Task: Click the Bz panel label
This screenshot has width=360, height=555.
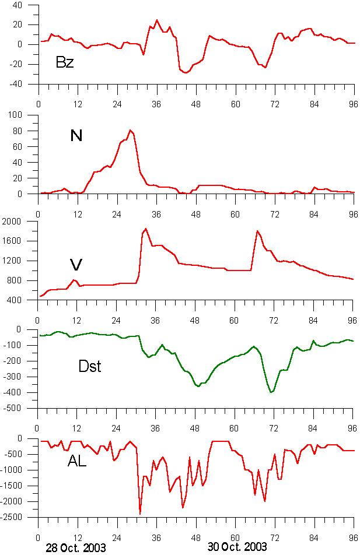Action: click(64, 62)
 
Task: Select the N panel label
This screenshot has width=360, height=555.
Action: click(76, 136)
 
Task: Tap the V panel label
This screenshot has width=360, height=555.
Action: click(76, 265)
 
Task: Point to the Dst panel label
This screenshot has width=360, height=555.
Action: click(90, 367)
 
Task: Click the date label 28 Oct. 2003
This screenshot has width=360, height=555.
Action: click(76, 548)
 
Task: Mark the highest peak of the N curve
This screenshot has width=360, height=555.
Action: click(130, 130)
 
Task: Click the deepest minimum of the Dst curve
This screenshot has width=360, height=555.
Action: click(271, 392)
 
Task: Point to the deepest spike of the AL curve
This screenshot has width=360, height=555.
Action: click(140, 514)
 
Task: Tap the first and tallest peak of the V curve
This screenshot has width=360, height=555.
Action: click(146, 229)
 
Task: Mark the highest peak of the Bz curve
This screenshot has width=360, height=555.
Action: click(156, 20)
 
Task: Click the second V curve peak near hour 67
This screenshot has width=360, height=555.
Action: click(257, 231)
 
